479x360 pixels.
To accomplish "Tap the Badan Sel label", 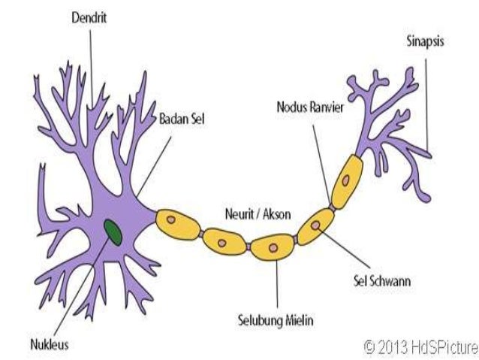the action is tap(182, 119).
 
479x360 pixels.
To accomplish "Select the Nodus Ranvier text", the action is tap(309, 107).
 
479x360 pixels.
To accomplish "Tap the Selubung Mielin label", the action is tap(276, 321).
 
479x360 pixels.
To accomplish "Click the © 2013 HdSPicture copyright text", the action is tap(420, 346).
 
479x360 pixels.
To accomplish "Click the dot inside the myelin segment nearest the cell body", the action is tap(171, 220).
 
